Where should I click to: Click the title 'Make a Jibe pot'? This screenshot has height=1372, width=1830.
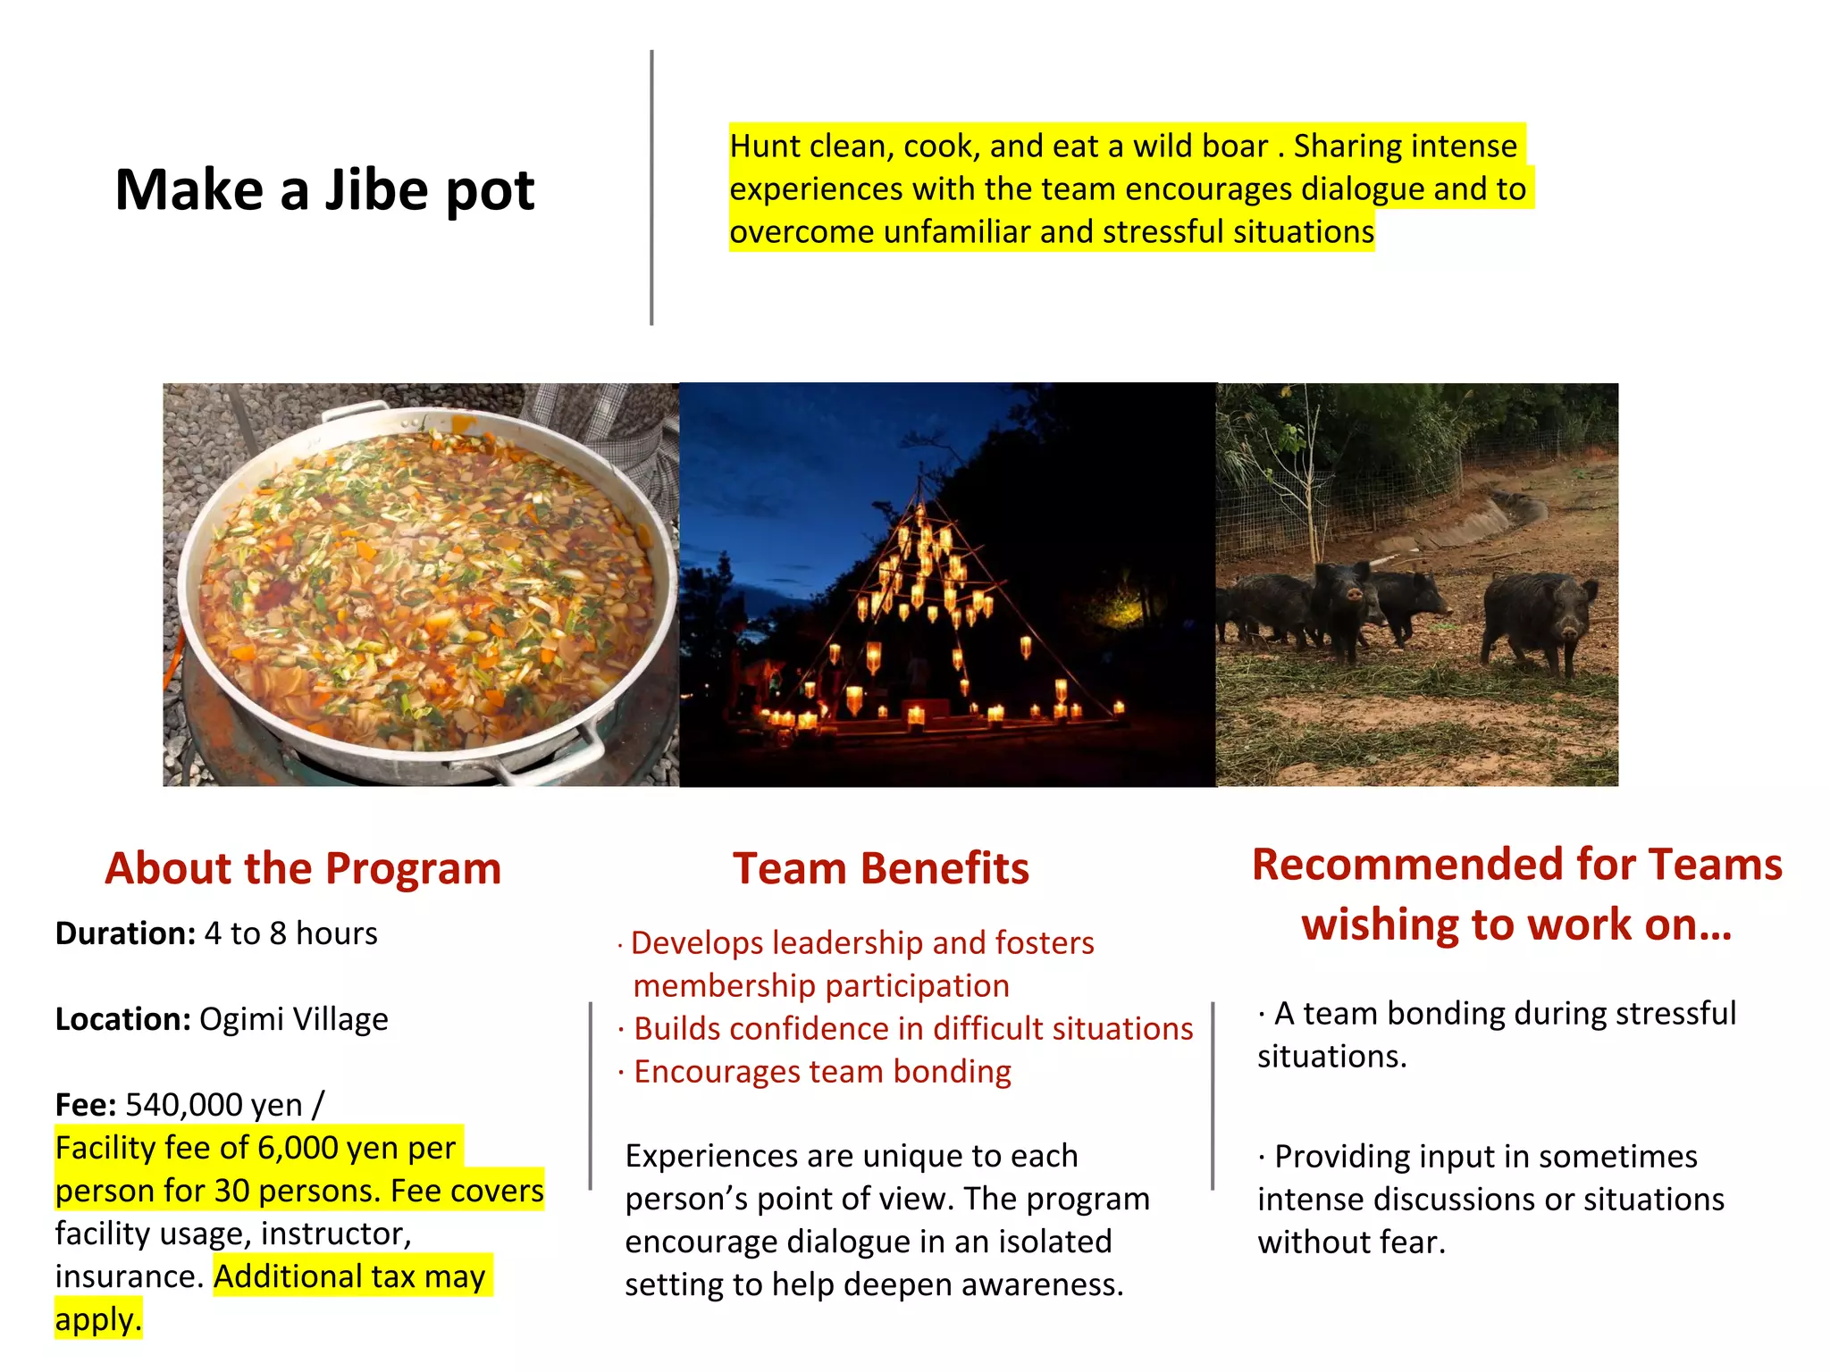coord(324,190)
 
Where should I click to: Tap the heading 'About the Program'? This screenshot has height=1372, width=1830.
coord(303,868)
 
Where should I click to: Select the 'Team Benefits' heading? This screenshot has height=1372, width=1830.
coord(880,868)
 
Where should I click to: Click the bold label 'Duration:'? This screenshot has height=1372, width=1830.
coord(125,933)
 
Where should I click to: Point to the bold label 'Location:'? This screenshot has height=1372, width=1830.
coord(122,1019)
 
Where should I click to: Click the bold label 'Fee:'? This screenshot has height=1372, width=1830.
coord(85,1105)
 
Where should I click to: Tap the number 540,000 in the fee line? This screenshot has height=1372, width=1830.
coord(183,1105)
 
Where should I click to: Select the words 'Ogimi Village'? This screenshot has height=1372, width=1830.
coord(293,1019)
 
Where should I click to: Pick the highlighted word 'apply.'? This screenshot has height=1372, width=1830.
coord(98,1319)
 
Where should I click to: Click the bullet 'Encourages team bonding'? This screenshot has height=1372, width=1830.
coord(822,1071)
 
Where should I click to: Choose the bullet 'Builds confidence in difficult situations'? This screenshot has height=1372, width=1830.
coord(912,1028)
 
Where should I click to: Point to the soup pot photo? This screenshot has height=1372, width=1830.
coord(421,585)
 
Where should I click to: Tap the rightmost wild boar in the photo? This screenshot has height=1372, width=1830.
coord(1539,621)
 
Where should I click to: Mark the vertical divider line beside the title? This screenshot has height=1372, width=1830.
coord(651,188)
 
